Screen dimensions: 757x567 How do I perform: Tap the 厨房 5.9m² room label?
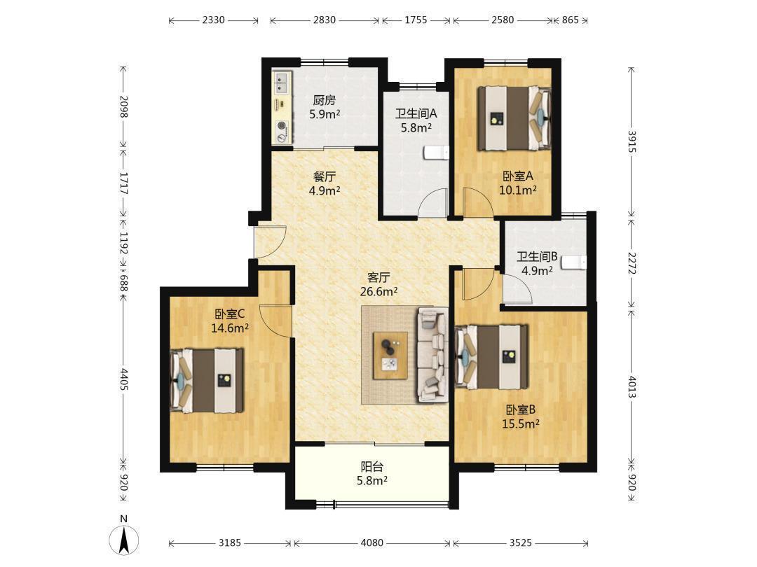(x=325, y=107)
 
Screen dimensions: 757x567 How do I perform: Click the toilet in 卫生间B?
(x=573, y=262)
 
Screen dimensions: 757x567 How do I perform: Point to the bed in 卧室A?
(x=514, y=118)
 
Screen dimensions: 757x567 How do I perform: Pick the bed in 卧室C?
(x=207, y=380)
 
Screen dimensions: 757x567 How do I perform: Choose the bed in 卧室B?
(x=491, y=357)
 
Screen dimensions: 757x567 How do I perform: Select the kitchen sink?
(x=282, y=83)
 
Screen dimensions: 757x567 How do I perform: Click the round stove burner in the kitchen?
(x=282, y=126)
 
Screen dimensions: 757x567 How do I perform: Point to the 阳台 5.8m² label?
(x=372, y=473)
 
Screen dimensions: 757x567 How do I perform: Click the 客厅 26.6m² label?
(x=379, y=284)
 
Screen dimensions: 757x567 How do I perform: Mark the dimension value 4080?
(x=372, y=543)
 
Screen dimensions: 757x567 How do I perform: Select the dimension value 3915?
(x=632, y=141)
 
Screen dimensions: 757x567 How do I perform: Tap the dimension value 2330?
(x=213, y=20)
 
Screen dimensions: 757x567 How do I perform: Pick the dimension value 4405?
(x=124, y=379)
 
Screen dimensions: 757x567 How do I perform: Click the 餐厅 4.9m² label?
(x=325, y=183)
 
